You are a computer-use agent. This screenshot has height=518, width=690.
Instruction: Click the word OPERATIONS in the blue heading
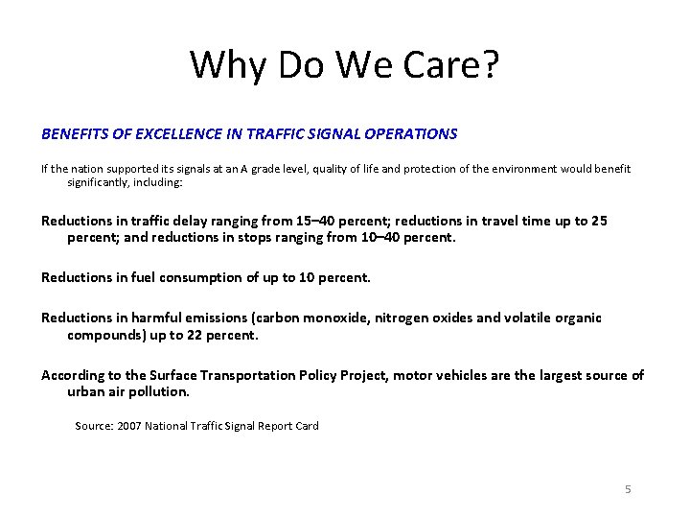coord(411,134)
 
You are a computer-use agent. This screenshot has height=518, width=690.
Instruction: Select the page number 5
coord(628,489)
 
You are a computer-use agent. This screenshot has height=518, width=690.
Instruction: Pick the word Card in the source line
coord(307,426)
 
